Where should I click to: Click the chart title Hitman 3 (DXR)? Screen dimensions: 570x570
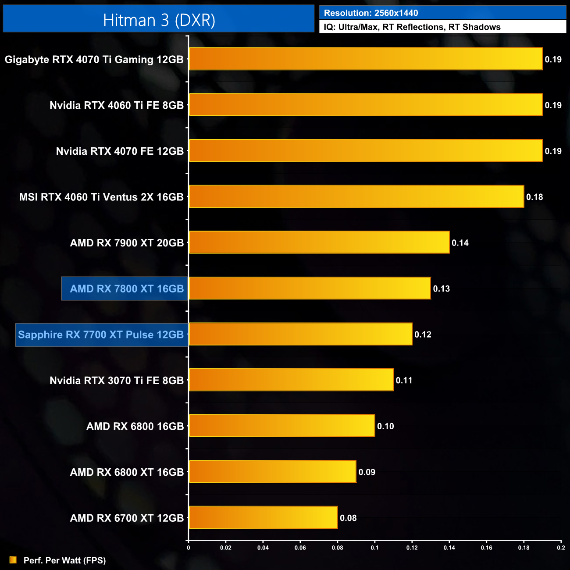159,20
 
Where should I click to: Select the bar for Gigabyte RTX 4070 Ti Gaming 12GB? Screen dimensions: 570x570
365,59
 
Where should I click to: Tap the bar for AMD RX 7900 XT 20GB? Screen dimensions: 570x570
319,242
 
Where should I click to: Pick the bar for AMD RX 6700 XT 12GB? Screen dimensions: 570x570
263,518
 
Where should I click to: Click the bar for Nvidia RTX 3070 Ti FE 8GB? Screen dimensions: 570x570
291,380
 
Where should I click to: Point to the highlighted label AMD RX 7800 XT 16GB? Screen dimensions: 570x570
127,289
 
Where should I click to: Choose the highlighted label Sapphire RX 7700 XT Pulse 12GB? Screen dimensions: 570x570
101,335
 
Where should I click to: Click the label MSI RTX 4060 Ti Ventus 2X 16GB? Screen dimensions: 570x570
101,197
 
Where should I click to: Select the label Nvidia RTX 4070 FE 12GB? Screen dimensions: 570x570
120,151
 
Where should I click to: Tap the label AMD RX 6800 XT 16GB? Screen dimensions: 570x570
127,472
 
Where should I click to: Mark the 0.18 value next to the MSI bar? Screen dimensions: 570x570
534,197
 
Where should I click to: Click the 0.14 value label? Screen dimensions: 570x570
460,243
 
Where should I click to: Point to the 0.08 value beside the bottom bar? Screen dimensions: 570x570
348,518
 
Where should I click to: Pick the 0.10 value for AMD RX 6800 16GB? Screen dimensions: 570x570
385,426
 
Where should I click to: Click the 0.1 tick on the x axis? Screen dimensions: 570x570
374,548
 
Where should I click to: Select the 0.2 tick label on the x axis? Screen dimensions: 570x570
561,548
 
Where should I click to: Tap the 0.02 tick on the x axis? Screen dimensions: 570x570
225,548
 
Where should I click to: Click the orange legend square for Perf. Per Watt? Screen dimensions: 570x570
13,560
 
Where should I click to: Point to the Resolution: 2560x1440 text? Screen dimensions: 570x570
371,13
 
